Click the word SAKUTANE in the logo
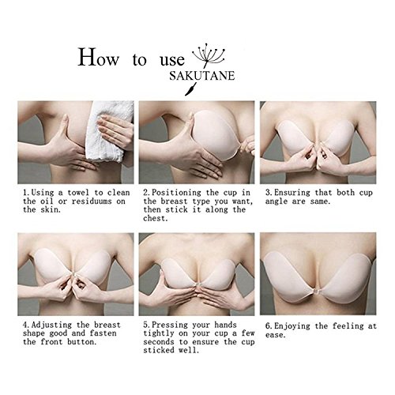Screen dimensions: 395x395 [202, 76]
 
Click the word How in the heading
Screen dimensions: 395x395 [99, 57]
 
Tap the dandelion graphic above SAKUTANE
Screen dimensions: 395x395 [209, 58]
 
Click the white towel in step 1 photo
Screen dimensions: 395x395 [109, 131]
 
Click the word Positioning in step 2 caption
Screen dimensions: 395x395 [177, 193]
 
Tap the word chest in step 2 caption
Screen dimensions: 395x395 [155, 218]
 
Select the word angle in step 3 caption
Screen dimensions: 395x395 [276, 202]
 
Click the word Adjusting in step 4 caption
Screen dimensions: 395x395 [51, 325]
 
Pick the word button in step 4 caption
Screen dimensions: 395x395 [81, 342]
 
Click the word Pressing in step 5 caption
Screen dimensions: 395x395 [170, 325]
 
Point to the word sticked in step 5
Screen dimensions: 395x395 [159, 350]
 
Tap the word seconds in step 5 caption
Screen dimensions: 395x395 [159, 342]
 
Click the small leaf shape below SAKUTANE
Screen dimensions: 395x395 [190, 89]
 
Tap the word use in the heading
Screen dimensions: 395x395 [172, 60]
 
